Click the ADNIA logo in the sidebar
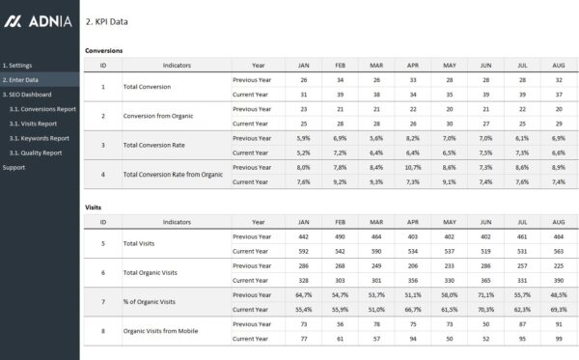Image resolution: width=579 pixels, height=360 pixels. tap(38, 20)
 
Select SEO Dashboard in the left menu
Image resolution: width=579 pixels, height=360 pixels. tap(27, 94)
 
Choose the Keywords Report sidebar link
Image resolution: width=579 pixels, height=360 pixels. tap(40, 137)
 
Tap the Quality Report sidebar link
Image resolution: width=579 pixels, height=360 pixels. tap(36, 152)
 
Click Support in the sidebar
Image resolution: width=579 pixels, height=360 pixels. tap(14, 167)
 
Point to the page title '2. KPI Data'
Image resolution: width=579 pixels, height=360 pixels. tap(106, 21)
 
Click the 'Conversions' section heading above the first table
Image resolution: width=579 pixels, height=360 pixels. tap(103, 49)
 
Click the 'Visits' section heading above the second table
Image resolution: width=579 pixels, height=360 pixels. tap(93, 207)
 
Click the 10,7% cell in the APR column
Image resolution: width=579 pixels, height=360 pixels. tap(412, 167)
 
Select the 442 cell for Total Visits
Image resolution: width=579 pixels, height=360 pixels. tap(304, 236)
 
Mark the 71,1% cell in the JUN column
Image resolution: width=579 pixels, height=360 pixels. tap(486, 294)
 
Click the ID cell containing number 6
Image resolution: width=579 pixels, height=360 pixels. tap(103, 273)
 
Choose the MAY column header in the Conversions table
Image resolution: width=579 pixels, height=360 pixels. tap(449, 65)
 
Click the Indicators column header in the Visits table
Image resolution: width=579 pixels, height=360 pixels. tap(177, 222)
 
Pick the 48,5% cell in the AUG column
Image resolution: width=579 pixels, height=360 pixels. tap(557, 294)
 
